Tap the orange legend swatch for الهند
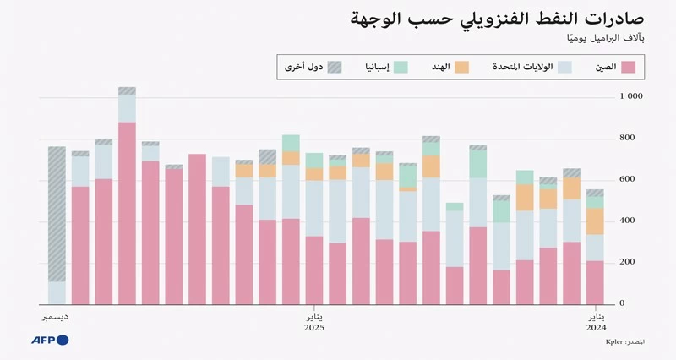(461, 67)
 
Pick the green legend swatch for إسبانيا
(401, 67)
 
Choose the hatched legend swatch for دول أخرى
(335, 67)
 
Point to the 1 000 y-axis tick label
(631, 97)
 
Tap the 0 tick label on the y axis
(624, 303)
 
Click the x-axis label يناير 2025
(313, 322)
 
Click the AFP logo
(51, 340)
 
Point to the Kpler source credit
(625, 341)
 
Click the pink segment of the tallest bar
(127, 211)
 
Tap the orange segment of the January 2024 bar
(595, 221)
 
